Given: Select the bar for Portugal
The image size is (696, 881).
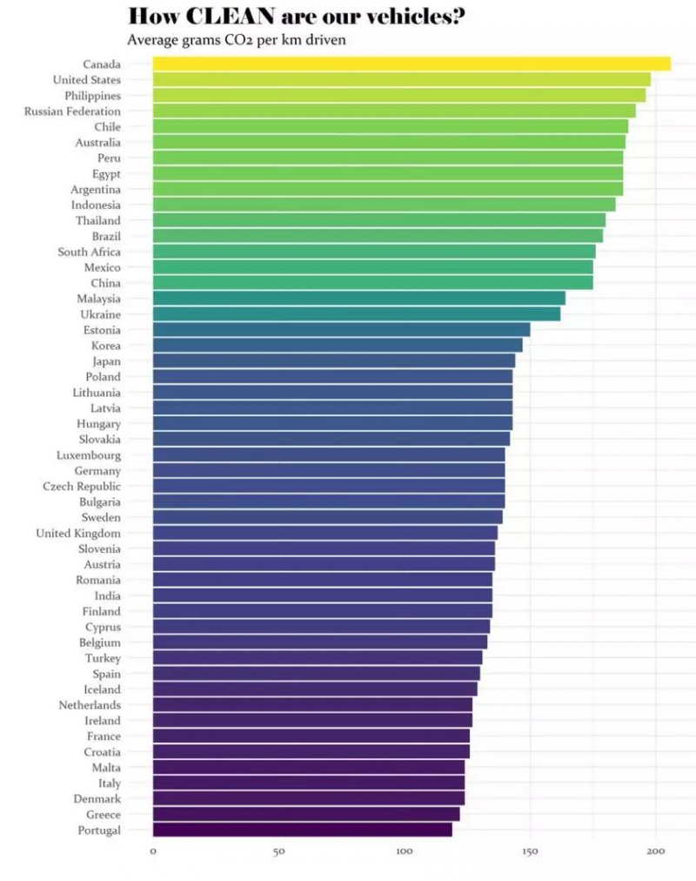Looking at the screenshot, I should coord(302,830).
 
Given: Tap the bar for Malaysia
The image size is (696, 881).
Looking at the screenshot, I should coord(358,299).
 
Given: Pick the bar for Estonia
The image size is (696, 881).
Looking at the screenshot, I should coord(341,330).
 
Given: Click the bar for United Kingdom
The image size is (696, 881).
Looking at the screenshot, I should coord(325,533).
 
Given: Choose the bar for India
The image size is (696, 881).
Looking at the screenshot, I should coord(322,595).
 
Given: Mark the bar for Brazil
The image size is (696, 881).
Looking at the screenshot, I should coord(378,236).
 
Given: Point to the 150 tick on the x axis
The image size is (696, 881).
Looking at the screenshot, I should coord(530,851).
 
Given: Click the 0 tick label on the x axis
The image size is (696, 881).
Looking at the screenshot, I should coord(153,851).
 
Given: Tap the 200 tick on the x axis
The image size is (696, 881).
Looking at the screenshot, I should coord(656,851).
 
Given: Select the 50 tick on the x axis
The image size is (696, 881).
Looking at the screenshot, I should coord(278,851).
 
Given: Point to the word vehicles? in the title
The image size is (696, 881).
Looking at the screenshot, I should coord(412,16).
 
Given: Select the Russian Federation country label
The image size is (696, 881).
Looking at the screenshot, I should coord(72,111).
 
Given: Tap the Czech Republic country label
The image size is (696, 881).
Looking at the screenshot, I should coord(82,486).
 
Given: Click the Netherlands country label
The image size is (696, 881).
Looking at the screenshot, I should coord(90,704).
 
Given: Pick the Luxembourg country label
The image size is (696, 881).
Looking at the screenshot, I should coord(89,454).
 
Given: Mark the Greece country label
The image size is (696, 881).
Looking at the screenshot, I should coord(104,814).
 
